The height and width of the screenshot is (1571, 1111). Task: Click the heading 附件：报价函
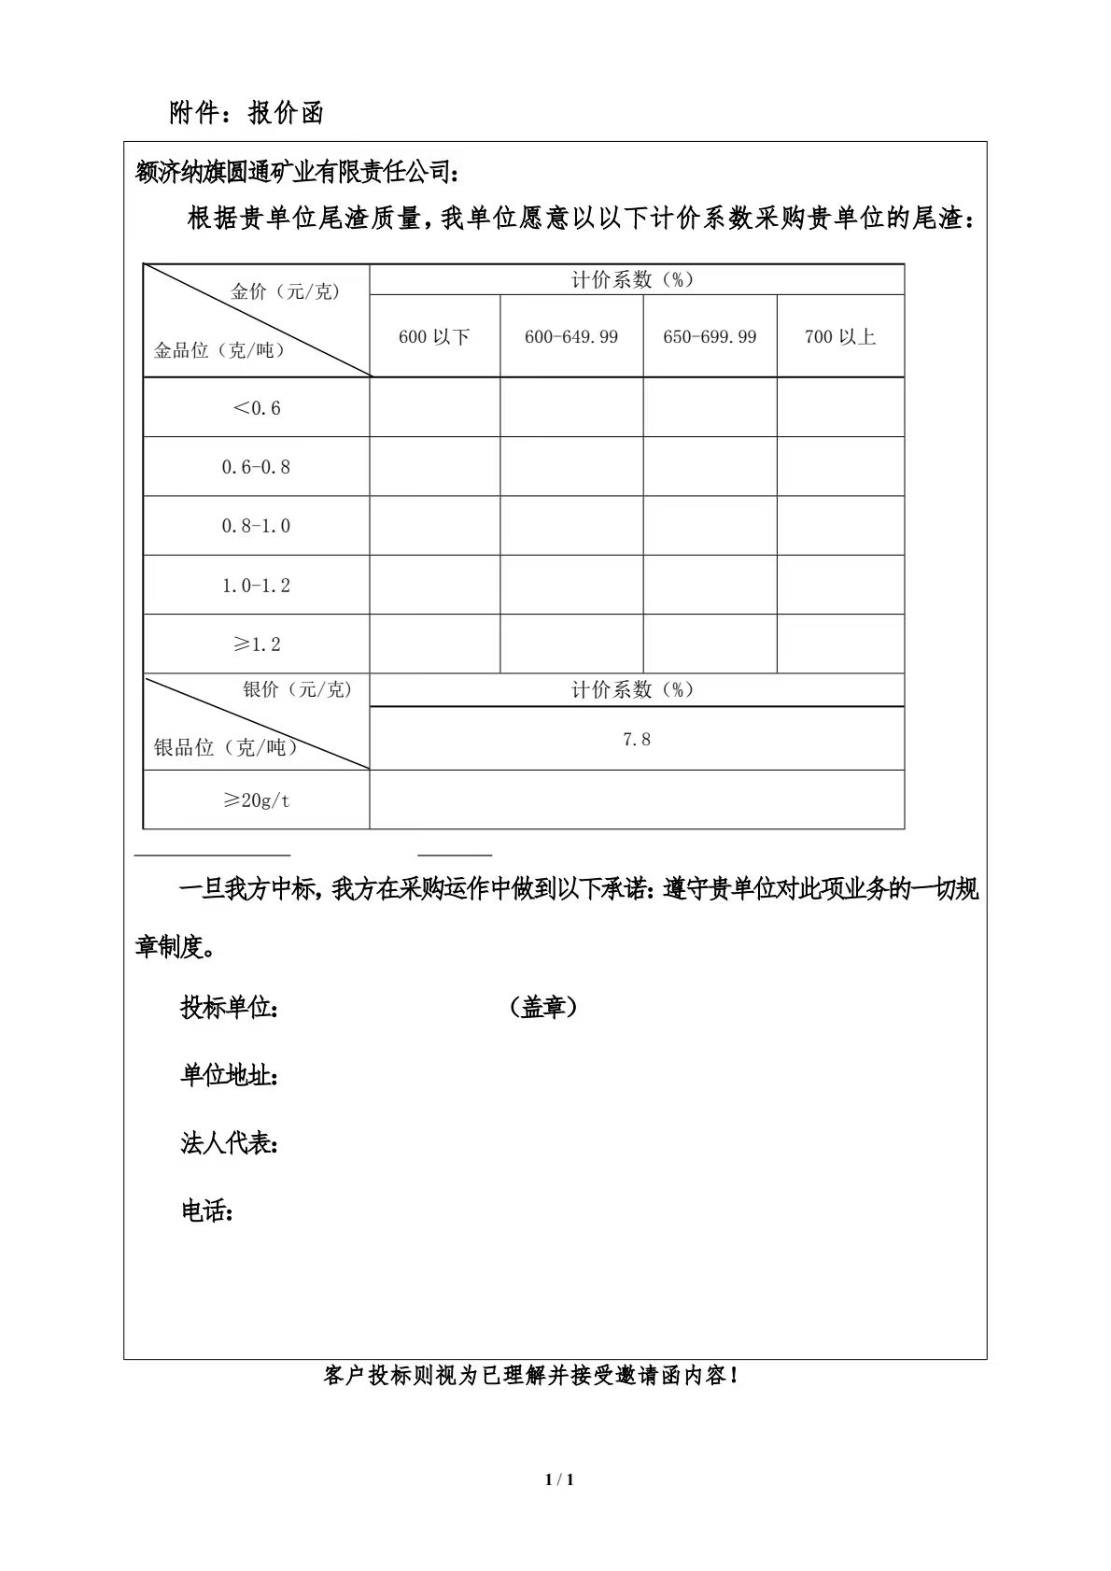point(246,113)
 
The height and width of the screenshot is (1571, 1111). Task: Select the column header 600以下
point(434,337)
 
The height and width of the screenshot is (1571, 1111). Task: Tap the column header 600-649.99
point(571,337)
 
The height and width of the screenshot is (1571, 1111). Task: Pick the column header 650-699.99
point(710,337)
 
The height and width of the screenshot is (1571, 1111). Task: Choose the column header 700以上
point(840,337)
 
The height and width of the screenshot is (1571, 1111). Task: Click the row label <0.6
point(256,408)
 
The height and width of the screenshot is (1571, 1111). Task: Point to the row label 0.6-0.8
point(256,467)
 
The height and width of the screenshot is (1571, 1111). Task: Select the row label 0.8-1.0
point(256,526)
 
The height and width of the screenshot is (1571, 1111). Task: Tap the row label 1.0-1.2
point(256,586)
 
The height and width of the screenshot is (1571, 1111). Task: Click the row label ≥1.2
point(256,644)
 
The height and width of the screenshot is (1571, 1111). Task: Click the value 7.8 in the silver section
point(637,740)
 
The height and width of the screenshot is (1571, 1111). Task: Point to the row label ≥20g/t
point(256,800)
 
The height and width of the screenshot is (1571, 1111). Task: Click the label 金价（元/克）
point(286,291)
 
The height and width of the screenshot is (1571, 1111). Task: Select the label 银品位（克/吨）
point(225,747)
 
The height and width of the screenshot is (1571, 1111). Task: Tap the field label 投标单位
point(228,1009)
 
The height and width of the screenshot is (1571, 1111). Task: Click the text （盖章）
point(543,1008)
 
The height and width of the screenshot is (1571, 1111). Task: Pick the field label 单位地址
point(228,1076)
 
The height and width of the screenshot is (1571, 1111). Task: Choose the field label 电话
point(206,1211)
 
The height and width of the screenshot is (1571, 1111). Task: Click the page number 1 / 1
point(559,1479)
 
